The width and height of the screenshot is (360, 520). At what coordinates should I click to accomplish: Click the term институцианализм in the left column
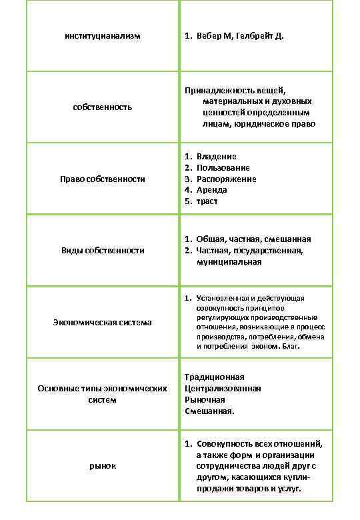point(103,35)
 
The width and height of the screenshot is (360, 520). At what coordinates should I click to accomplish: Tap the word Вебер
point(210,35)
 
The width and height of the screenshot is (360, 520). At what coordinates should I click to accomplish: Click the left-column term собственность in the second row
point(103,107)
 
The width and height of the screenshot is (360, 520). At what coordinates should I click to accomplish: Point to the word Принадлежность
point(217,90)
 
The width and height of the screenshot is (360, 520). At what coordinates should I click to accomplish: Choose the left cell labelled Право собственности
point(103,179)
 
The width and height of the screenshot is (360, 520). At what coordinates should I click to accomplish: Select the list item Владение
point(216,156)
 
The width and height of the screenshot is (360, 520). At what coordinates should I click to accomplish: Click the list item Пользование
point(223,167)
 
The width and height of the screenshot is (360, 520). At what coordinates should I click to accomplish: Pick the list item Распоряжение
point(226,179)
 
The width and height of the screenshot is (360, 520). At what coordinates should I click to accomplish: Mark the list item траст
point(207,201)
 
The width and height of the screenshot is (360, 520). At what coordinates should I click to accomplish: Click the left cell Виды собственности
point(103,251)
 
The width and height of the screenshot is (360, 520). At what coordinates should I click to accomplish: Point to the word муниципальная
point(229,262)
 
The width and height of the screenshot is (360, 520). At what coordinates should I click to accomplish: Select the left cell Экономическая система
point(103,322)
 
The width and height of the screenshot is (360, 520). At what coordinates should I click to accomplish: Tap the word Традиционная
point(214,377)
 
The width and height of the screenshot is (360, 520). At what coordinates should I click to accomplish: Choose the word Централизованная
point(223,389)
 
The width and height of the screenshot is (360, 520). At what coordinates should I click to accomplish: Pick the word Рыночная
point(205,400)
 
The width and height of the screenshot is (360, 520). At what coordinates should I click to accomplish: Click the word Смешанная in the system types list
point(209,411)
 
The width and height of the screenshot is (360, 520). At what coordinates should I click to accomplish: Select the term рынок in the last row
point(103,465)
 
